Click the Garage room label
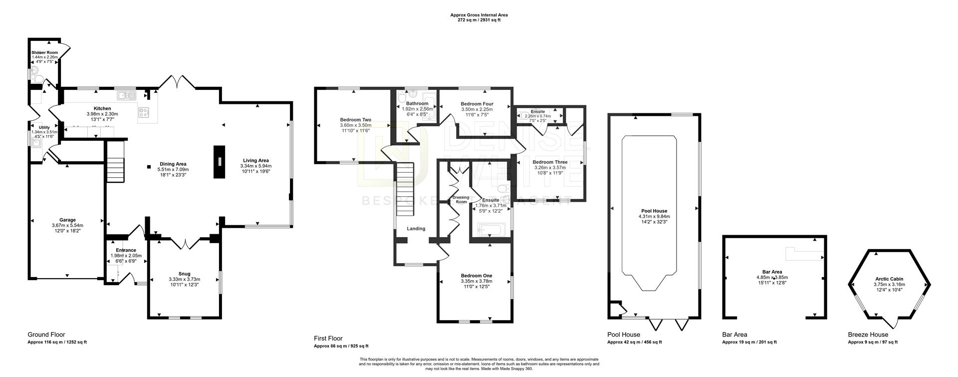pos(68,220)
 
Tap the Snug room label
pos(184,274)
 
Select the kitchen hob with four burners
pos(144,113)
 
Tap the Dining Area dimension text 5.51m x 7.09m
pos(173,169)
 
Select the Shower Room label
pos(45,52)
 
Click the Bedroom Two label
pos(356,120)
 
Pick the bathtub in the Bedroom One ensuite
pos(492,230)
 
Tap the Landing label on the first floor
pos(416,229)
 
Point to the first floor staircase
pos(406,182)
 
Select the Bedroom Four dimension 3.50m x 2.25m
pos(477,109)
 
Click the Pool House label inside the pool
pos(654,211)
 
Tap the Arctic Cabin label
pos(889,279)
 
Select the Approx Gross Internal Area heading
pos(479,15)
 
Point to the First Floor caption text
pos(328,338)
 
